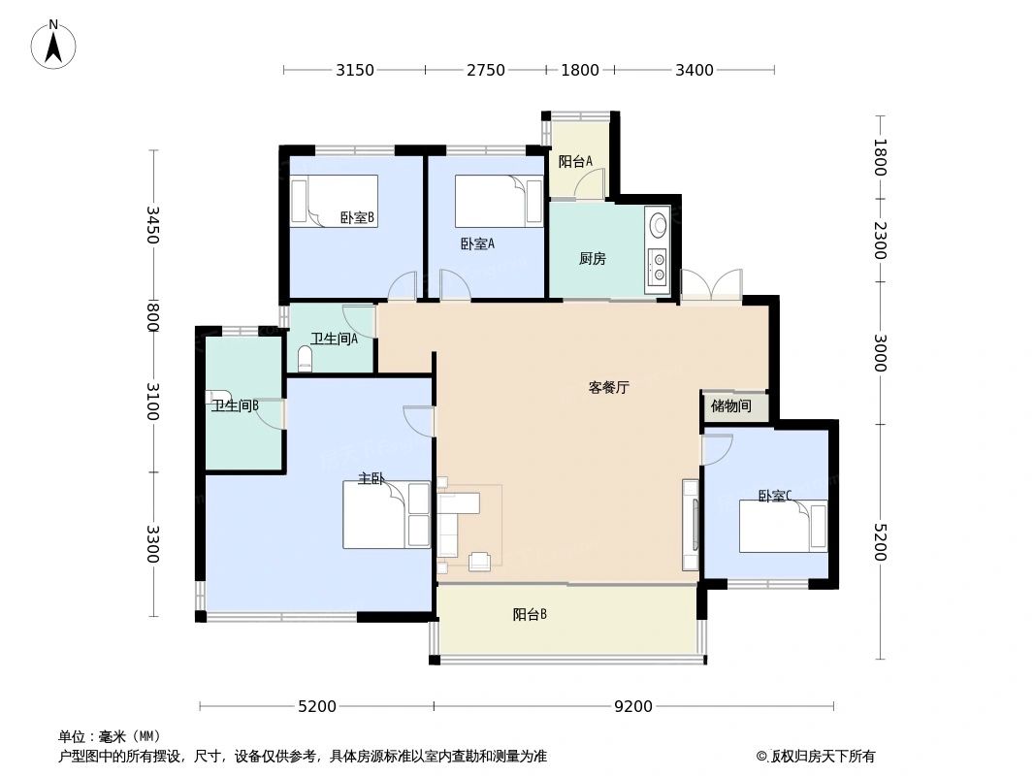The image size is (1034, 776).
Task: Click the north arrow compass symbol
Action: coord(54,44)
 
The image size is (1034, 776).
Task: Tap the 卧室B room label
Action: coord(357,218)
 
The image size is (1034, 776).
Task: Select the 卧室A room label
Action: coord(477,244)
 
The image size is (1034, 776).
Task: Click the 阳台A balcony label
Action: coord(575,162)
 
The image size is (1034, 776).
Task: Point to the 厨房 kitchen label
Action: coord(592,259)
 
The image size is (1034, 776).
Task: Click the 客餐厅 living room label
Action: coord(609,387)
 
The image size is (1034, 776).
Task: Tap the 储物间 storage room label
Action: coord(730,406)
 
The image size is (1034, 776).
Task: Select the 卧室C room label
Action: coord(775,496)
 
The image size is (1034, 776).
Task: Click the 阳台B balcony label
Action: coord(530,614)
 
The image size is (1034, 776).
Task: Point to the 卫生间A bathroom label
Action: coord(334,339)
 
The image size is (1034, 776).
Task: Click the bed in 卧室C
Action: coord(783,526)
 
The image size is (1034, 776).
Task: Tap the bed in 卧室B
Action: coord(334,201)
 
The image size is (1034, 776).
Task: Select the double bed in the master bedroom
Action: coord(386,514)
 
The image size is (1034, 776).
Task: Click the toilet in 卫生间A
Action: coord(306,361)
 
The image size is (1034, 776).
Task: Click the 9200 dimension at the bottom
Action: coord(632,706)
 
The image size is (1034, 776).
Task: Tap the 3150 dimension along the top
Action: coord(355,70)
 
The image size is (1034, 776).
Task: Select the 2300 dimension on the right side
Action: coord(880,241)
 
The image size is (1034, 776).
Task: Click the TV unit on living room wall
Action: coord(691,524)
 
